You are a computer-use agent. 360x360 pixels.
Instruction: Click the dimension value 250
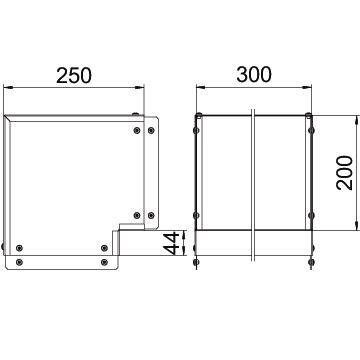[x=74, y=76]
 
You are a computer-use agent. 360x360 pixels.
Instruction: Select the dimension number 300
[x=254, y=74]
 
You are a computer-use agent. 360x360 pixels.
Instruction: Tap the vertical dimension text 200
[x=345, y=173]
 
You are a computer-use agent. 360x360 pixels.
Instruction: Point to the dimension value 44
[x=173, y=243]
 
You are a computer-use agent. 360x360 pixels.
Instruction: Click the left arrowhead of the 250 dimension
[x=8, y=87]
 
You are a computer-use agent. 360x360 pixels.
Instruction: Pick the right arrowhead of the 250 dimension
[x=139, y=87]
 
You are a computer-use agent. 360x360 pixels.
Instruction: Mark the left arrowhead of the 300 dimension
[x=201, y=87]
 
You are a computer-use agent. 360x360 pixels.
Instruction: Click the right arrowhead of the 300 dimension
[x=307, y=87]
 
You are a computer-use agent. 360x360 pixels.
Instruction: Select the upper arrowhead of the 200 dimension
[x=357, y=120]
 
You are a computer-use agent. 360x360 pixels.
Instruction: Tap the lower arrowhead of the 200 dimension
[x=357, y=225]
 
